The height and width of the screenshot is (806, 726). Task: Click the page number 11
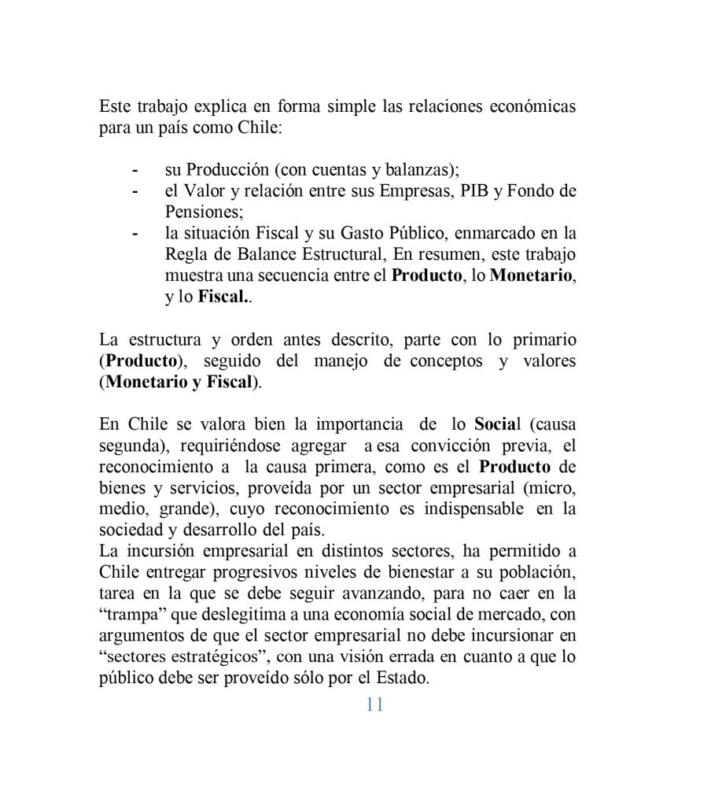click(374, 704)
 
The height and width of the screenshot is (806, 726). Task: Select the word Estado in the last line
click(403, 678)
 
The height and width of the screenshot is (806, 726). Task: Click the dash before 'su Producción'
click(136, 170)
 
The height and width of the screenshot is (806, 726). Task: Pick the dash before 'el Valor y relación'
click(136, 191)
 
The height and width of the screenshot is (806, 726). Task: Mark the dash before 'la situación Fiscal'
click(136, 234)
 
